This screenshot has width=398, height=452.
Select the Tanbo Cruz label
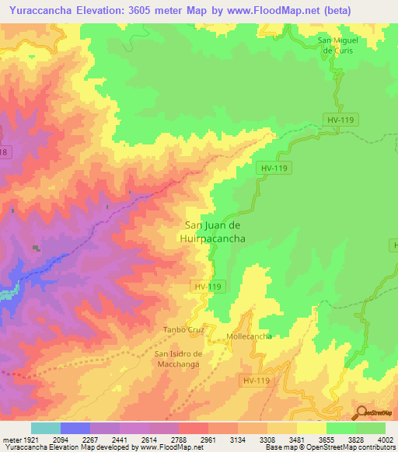(x=183, y=329)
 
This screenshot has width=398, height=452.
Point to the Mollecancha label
(x=249, y=336)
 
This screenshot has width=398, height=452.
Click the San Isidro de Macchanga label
(x=177, y=359)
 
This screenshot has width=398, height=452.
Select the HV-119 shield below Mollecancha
(x=256, y=381)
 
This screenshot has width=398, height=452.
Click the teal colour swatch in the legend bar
(x=46, y=429)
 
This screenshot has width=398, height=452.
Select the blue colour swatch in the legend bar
(x=75, y=429)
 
